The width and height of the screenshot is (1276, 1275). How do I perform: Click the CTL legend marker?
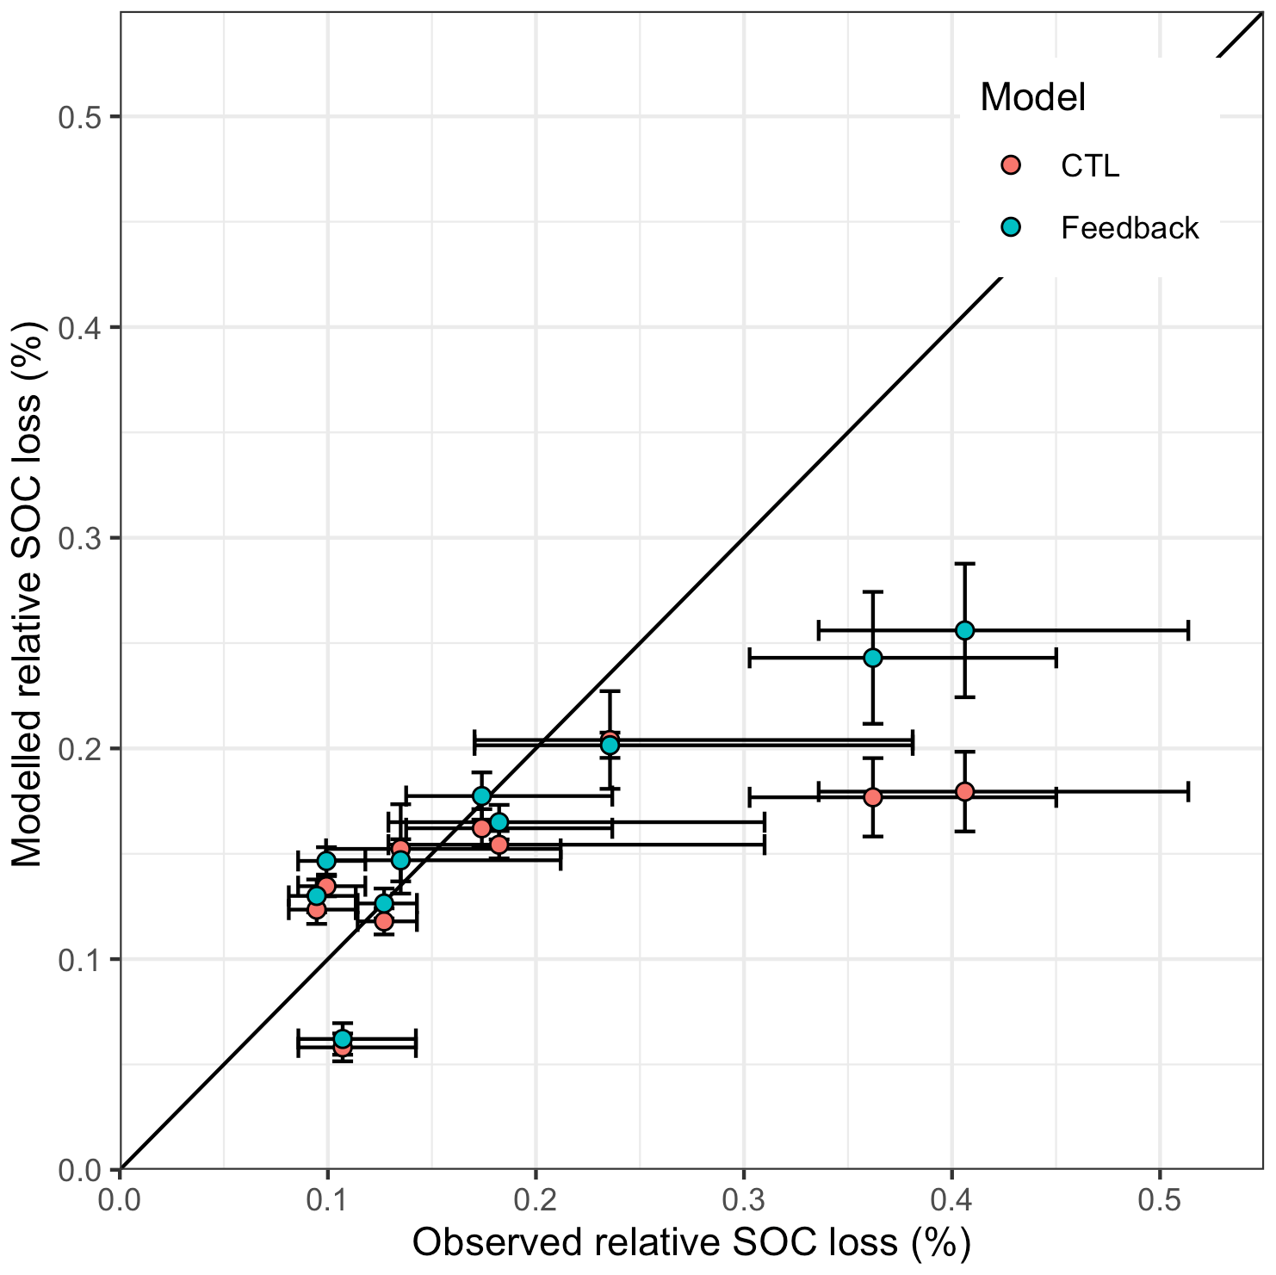pyautogui.click(x=1012, y=164)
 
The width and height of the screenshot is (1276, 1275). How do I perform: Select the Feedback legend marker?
pyautogui.click(x=1012, y=227)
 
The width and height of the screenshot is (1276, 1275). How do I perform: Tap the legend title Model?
pyautogui.click(x=1032, y=97)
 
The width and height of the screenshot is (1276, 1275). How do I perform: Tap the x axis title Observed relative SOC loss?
pyautogui.click(x=691, y=1243)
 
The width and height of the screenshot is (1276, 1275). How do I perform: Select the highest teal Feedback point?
pyautogui.click(x=964, y=630)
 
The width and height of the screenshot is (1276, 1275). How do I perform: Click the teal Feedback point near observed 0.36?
pyautogui.click(x=873, y=658)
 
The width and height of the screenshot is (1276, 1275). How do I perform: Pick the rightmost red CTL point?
pyautogui.click(x=964, y=791)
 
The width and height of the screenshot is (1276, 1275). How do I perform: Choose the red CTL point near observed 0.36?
pyautogui.click(x=873, y=797)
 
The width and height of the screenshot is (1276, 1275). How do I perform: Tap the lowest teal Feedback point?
pyautogui.click(x=343, y=1038)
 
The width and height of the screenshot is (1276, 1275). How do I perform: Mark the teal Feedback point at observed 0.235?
pyautogui.click(x=610, y=745)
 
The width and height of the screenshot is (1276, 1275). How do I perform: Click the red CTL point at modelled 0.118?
pyautogui.click(x=384, y=921)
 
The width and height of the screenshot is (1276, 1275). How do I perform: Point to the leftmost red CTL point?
pyautogui.click(x=317, y=909)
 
